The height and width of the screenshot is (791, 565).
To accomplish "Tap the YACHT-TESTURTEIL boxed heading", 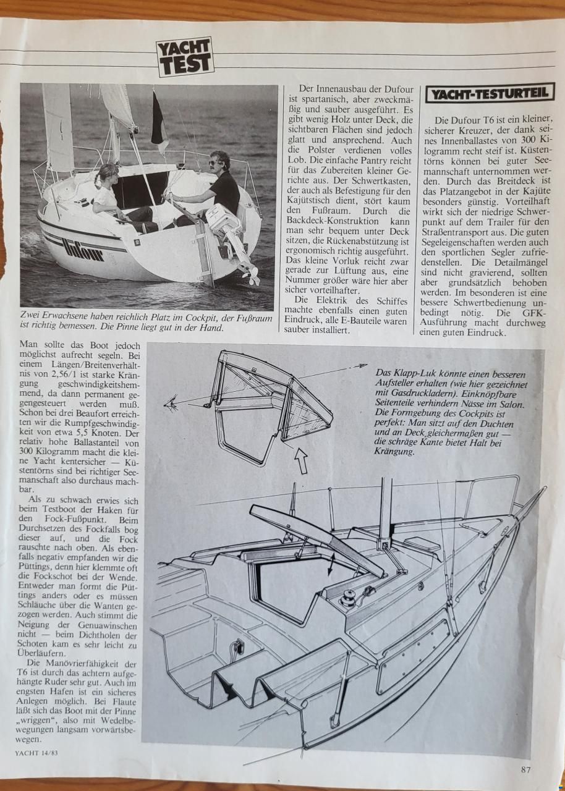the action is coord(490,93).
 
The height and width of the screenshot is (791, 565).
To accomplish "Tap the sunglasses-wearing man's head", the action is coord(218,163).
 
